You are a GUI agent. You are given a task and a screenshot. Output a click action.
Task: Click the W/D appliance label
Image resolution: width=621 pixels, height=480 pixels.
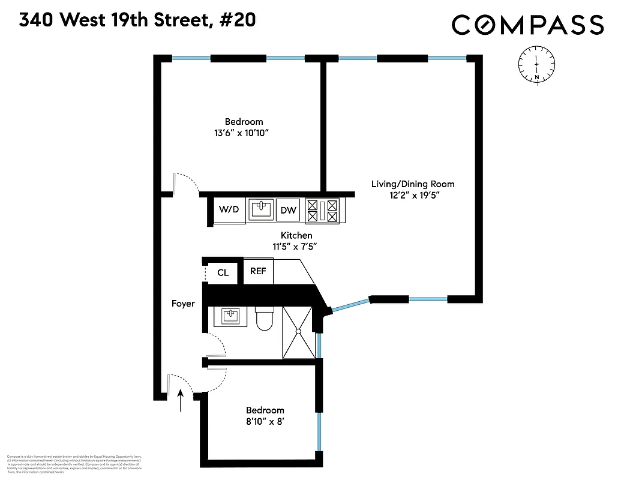(x=229, y=209)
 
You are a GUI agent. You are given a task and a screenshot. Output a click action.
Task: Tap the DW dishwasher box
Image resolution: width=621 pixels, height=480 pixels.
(x=289, y=210)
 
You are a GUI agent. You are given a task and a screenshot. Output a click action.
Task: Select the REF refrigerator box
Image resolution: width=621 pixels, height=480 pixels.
(x=258, y=271)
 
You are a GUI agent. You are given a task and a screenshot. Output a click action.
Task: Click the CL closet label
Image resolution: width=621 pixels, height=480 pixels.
(x=223, y=272)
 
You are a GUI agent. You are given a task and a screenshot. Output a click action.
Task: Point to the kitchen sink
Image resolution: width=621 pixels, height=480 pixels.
(x=260, y=209)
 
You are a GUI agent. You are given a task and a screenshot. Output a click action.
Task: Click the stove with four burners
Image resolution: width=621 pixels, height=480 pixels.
(x=323, y=211)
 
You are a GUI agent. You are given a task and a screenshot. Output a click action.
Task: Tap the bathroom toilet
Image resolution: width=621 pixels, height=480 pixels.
(x=264, y=319)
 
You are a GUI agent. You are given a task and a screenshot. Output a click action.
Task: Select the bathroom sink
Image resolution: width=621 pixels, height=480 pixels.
(x=230, y=316)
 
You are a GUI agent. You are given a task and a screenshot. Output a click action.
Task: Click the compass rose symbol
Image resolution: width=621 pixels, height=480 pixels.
(x=536, y=65)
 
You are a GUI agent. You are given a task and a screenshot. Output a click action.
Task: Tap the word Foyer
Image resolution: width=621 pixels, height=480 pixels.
(x=183, y=304)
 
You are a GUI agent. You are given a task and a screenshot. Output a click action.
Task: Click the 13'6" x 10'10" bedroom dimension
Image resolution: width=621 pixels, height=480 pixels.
(x=244, y=133)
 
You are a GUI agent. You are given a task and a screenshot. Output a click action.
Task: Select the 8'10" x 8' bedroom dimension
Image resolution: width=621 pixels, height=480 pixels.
(x=265, y=421)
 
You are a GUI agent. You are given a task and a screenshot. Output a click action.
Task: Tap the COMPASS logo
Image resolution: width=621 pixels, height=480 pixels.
(x=527, y=25)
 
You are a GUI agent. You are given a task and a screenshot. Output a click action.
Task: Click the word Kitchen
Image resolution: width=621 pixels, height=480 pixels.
(x=296, y=235)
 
